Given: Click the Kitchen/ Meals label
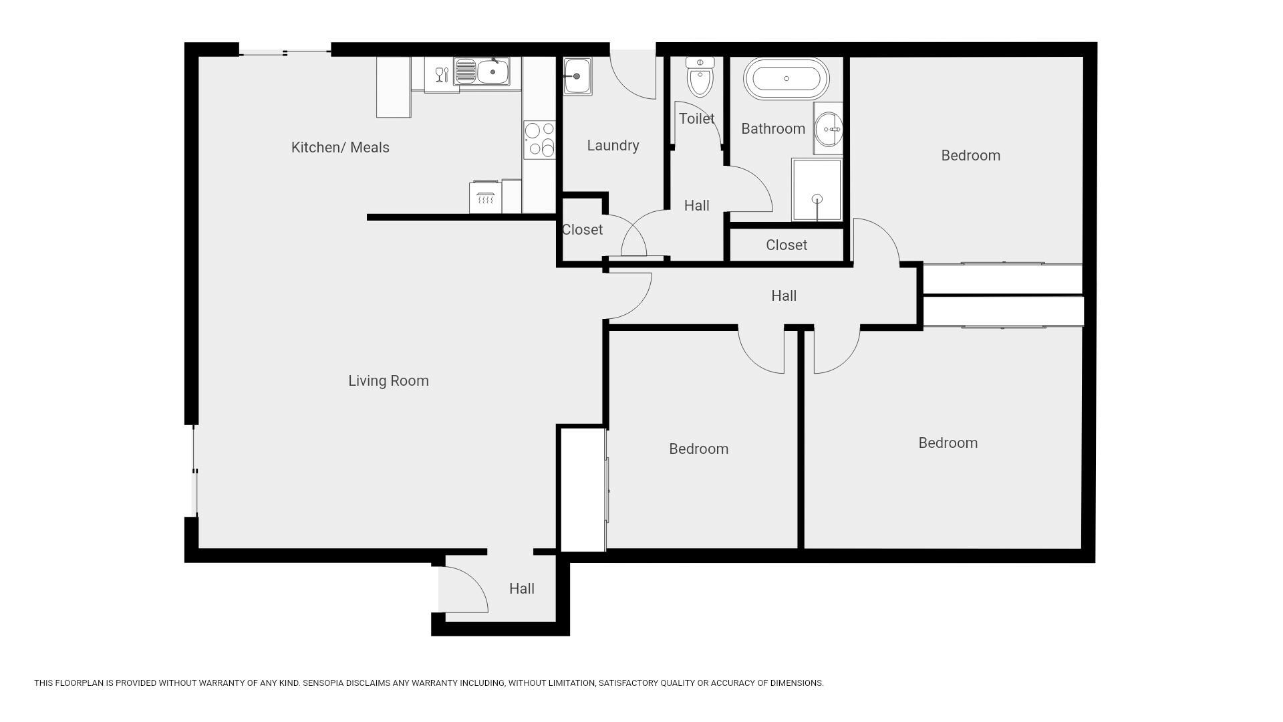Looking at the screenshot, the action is tap(340, 147).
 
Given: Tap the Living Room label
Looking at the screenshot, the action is tap(388, 380).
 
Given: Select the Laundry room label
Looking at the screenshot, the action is tap(613, 145).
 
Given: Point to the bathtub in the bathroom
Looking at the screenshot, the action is tap(787, 78).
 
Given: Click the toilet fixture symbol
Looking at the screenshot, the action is tap(700, 76).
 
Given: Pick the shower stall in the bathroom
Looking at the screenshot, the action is tap(817, 189).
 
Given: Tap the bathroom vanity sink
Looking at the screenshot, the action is tap(829, 128).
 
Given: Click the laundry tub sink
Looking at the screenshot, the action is tap(577, 76).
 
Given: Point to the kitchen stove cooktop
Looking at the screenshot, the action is tap(539, 139).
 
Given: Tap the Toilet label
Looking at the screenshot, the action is tap(696, 118).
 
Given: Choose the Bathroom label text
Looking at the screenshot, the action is tap(773, 128).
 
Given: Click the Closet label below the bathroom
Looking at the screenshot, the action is tap(787, 245).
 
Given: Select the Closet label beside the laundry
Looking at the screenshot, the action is tap(582, 229).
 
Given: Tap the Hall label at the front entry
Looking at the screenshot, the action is tap(522, 588).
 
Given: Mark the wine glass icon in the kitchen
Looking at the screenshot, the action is tap(441, 74).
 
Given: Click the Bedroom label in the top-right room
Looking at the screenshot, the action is tap(970, 155).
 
